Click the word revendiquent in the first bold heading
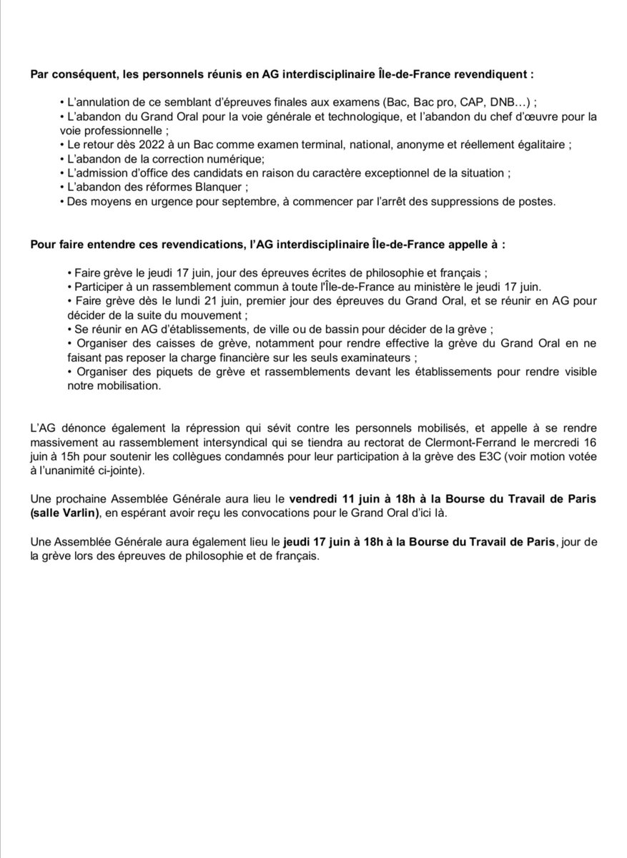493,74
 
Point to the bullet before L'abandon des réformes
62,188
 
